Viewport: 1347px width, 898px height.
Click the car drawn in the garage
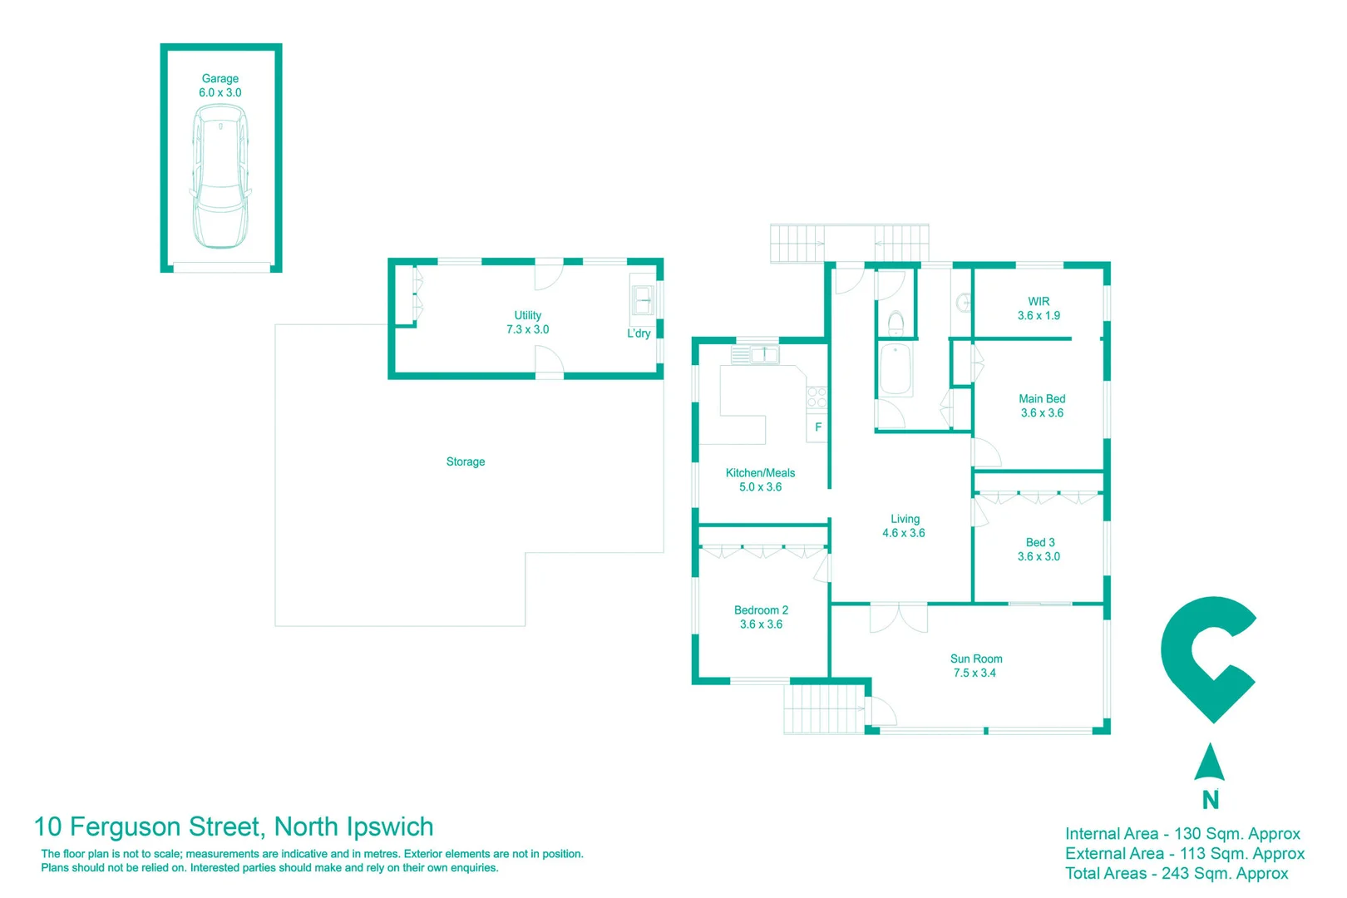point(220,176)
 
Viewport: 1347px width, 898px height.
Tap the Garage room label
point(220,86)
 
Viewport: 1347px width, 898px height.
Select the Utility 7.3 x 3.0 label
point(527,323)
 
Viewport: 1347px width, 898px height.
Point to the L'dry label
point(639,333)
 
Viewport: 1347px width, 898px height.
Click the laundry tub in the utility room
point(643,299)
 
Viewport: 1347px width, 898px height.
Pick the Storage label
point(466,462)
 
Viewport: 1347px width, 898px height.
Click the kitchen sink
point(764,355)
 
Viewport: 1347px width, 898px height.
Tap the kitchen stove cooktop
point(817,397)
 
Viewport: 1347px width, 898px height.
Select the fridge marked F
point(817,427)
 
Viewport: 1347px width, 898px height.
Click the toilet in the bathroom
point(896,323)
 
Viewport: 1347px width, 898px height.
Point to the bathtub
point(896,368)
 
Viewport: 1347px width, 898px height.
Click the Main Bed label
point(1042,406)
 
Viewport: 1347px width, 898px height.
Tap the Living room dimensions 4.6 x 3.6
point(904,534)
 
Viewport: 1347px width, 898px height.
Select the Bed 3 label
point(1039,550)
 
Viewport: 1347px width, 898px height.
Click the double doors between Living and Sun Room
point(898,618)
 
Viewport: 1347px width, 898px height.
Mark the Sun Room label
point(975,666)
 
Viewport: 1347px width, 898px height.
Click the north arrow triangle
point(1209,762)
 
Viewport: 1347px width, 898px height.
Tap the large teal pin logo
point(1209,659)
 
